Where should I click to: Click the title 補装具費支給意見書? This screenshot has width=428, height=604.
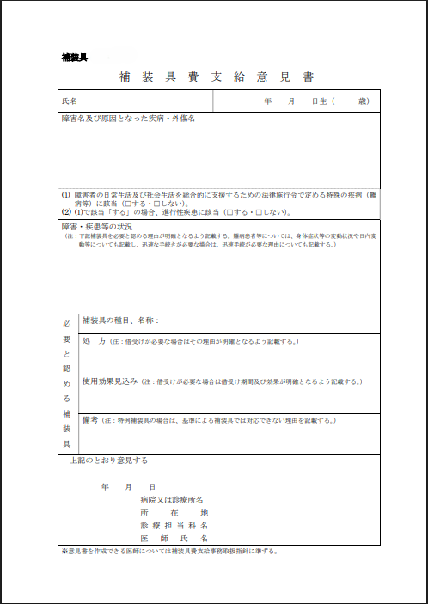pyautogui.click(x=216, y=76)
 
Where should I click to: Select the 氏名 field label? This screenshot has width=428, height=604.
pyautogui.click(x=69, y=101)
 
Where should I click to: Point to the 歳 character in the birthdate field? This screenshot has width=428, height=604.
pyautogui.click(x=364, y=101)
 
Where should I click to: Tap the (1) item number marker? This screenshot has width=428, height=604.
pyautogui.click(x=66, y=195)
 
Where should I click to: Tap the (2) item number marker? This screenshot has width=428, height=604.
pyautogui.click(x=66, y=210)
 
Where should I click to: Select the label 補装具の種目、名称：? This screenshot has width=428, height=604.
pyautogui.click(x=120, y=320)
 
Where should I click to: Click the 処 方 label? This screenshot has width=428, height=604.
pyautogui.click(x=93, y=341)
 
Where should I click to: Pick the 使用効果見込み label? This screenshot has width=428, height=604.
pyautogui.click(x=110, y=381)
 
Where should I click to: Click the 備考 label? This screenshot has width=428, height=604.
pyautogui.click(x=90, y=420)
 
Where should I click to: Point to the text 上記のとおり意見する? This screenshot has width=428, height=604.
pyautogui.click(x=109, y=461)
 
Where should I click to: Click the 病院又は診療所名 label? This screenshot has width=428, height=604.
pyautogui.click(x=171, y=499)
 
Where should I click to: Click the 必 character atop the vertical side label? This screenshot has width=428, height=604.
pyautogui.click(x=67, y=325)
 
